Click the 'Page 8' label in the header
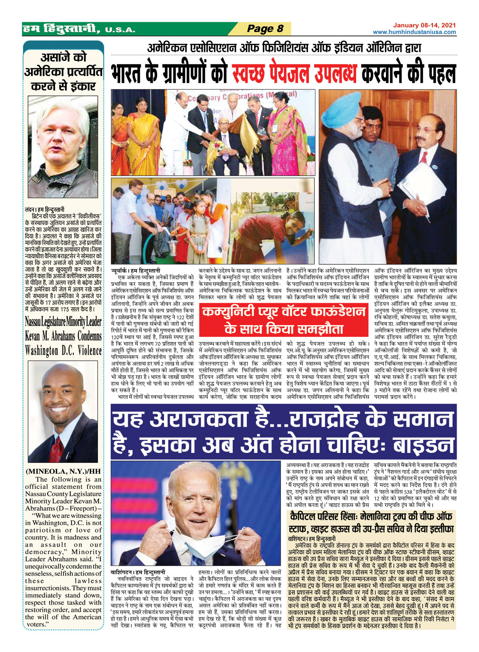(x=265, y=29)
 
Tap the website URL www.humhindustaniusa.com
(x=414, y=32)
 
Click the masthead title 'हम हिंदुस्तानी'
(x=61, y=29)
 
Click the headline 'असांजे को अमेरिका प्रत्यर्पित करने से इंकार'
(x=64, y=72)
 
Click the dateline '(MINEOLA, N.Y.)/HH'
(x=63, y=471)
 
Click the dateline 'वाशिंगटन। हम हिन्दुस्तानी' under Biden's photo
(x=138, y=572)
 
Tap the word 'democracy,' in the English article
(x=45, y=552)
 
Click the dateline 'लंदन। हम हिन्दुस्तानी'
(x=45, y=209)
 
